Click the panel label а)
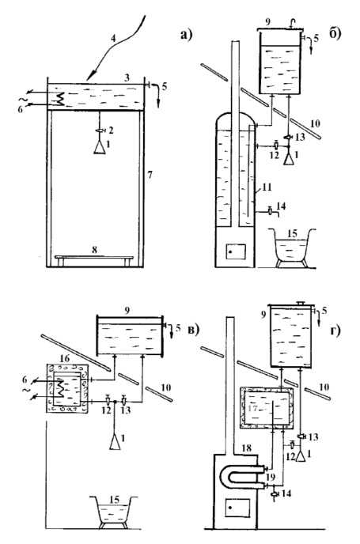click(x=186, y=35)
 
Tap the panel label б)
click(x=335, y=33)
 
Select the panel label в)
click(x=193, y=330)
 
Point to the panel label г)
click(x=335, y=330)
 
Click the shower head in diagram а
click(x=100, y=147)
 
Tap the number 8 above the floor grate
click(x=94, y=249)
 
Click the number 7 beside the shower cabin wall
click(x=150, y=176)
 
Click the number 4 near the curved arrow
click(x=113, y=38)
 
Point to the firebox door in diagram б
click(x=236, y=251)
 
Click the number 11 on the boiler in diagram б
click(x=267, y=187)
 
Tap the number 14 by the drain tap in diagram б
click(x=281, y=206)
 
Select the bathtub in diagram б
click(x=292, y=247)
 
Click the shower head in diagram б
click(x=289, y=158)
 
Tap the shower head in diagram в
click(x=115, y=442)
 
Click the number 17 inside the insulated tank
click(x=253, y=408)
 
